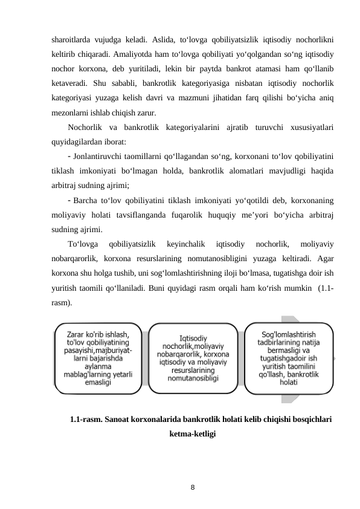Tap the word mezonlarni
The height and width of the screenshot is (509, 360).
click(70, 112)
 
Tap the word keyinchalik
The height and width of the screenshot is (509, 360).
click(186, 244)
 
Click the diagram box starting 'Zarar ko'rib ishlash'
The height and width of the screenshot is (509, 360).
click(99, 358)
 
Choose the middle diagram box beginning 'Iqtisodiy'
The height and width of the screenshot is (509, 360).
click(194, 358)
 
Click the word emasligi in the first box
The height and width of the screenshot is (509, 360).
click(101, 383)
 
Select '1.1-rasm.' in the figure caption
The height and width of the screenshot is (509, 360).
click(86, 420)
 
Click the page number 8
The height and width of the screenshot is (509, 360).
click(193, 485)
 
